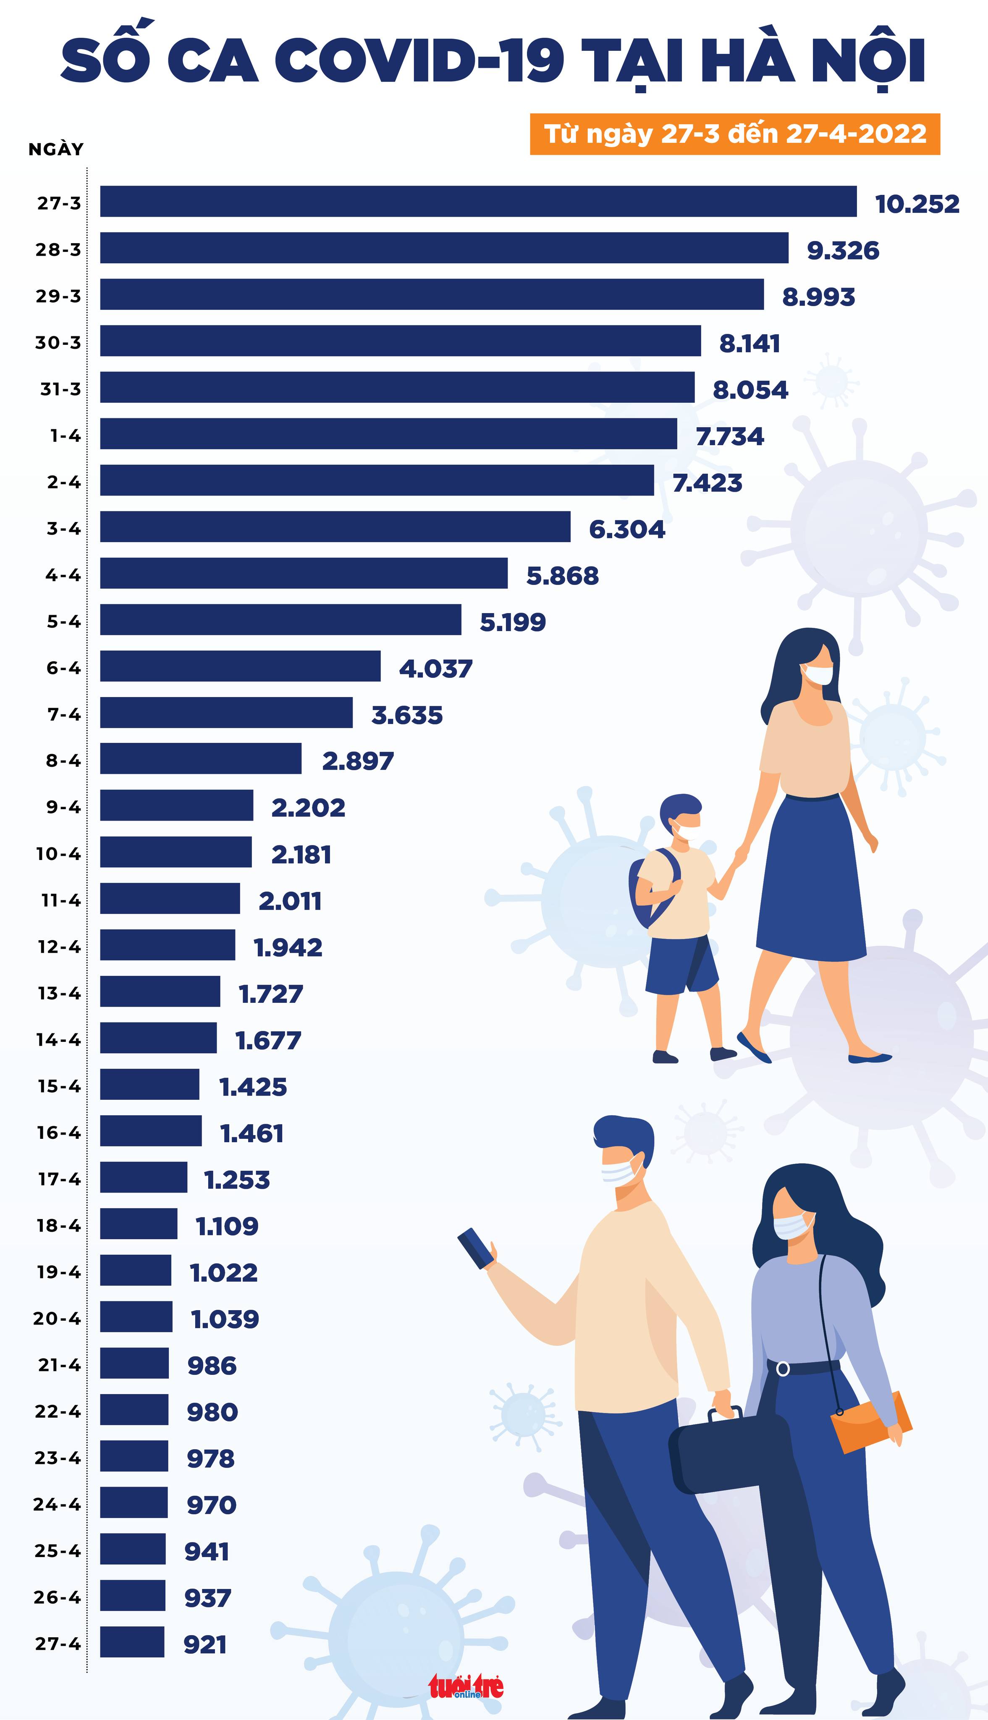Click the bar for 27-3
[x=478, y=202]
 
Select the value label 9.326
[x=842, y=250]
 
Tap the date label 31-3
[x=60, y=389]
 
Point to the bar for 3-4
[x=335, y=527]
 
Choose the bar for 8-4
[x=201, y=758]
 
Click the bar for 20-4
[x=136, y=1317]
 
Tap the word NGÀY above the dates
[x=56, y=149]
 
